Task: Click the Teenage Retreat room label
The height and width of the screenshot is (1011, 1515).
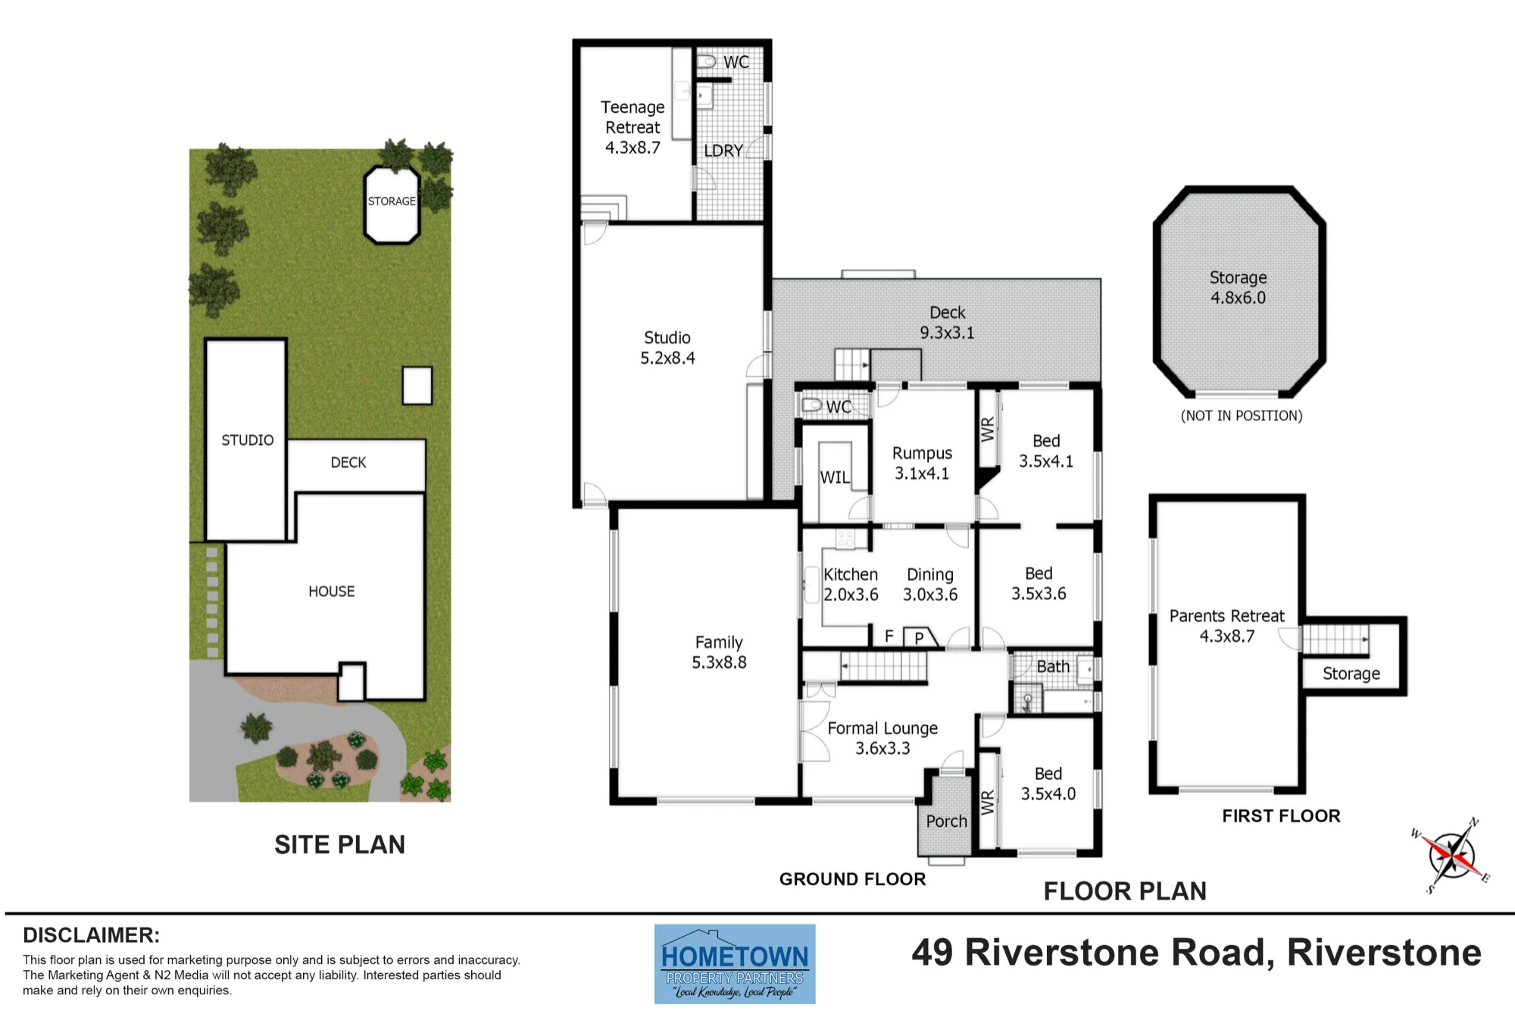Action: pos(633,127)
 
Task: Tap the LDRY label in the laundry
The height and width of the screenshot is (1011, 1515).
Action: pos(723,151)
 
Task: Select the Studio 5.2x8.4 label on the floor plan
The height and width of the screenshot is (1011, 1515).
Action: pos(667,348)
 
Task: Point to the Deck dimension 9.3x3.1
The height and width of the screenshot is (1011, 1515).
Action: pos(947,333)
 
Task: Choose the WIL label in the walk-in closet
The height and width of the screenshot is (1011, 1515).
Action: pos(835,477)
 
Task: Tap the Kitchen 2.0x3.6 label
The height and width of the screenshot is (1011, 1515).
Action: pos(851,584)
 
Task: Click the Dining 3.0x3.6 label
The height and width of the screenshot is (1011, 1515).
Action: pos(930,584)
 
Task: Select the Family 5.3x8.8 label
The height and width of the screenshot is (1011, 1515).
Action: pos(719,653)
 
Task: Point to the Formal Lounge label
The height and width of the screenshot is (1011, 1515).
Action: pos(882,728)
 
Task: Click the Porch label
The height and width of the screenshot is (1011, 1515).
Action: pos(946,821)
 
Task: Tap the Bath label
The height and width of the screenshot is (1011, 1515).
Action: pos(1053,666)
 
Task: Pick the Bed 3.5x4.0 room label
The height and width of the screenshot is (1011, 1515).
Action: pos(1048,784)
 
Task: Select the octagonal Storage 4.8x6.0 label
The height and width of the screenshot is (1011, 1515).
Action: pos(1238,288)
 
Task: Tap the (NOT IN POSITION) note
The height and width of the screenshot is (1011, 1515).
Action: pos(1242,415)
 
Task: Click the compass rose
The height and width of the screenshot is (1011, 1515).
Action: pos(1451,855)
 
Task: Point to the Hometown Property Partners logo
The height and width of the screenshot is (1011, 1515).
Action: pos(735,964)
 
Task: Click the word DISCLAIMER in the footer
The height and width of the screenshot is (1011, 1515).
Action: pos(91,935)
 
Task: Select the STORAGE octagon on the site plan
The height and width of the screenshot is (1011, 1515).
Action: pos(392,205)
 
